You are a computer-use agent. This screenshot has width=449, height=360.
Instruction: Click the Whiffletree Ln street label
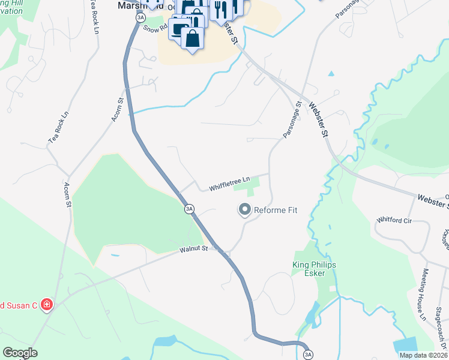(229, 187)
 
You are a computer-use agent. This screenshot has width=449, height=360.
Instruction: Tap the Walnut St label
(193, 248)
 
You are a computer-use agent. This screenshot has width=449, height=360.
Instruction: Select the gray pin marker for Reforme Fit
(244, 210)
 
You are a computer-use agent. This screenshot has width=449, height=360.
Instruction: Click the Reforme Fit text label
(276, 210)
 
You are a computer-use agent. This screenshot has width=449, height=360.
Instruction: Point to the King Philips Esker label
(314, 269)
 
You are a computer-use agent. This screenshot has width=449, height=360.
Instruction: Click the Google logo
(20, 353)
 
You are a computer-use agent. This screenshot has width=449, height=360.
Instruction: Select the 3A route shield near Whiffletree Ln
(189, 209)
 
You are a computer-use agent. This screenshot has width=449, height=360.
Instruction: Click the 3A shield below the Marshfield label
(140, 18)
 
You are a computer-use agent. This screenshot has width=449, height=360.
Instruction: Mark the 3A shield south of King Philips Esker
(308, 355)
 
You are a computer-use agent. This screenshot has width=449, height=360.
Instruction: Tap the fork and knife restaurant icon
(221, 8)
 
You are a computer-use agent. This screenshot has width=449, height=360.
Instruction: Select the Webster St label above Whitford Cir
(431, 199)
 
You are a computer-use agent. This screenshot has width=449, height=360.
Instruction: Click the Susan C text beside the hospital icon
(19, 305)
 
